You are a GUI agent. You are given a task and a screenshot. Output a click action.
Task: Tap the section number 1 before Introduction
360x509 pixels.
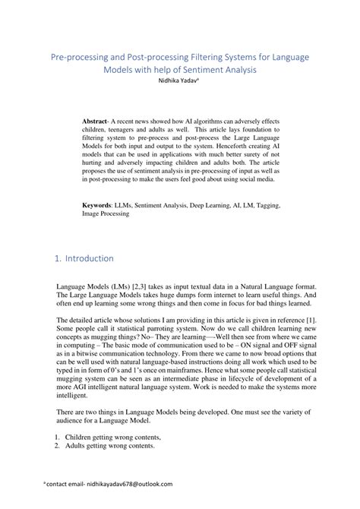(58, 258)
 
